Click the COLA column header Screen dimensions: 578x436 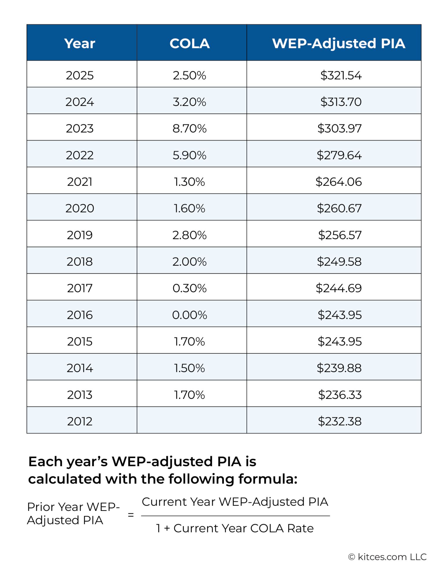[190, 43]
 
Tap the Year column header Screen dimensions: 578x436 [80, 43]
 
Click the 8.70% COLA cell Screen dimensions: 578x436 [190, 128]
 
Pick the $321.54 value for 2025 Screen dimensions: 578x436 [341, 75]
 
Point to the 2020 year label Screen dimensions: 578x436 [80, 208]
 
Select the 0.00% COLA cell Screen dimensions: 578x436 [190, 315]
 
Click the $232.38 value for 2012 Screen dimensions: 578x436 [340, 421]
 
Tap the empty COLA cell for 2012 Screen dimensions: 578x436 [192, 420]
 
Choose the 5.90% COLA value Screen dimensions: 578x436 [190, 155]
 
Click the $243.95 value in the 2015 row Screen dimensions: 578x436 [340, 341]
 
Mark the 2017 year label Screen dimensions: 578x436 [80, 288]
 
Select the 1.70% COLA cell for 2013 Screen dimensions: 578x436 [190, 395]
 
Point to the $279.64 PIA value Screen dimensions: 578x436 [339, 155]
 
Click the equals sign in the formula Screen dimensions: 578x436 [131, 515]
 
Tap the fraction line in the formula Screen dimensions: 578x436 [235, 516]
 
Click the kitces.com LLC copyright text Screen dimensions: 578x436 [387, 557]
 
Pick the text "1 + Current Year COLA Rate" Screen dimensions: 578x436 [235, 528]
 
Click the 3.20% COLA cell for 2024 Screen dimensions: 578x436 [190, 102]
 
